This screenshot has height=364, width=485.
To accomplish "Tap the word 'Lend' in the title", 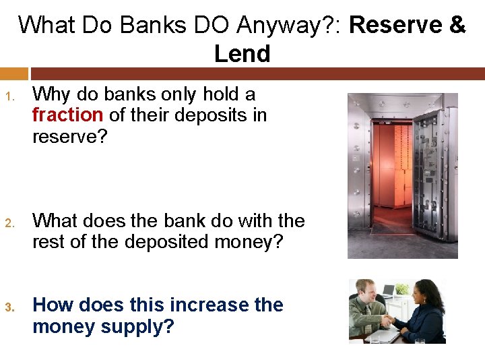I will coord(242,54).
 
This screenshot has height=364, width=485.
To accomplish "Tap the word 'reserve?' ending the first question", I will coord(70,137).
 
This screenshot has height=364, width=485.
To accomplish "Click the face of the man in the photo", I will coord(365,292).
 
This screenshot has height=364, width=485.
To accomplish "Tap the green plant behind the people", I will coord(402,289).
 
